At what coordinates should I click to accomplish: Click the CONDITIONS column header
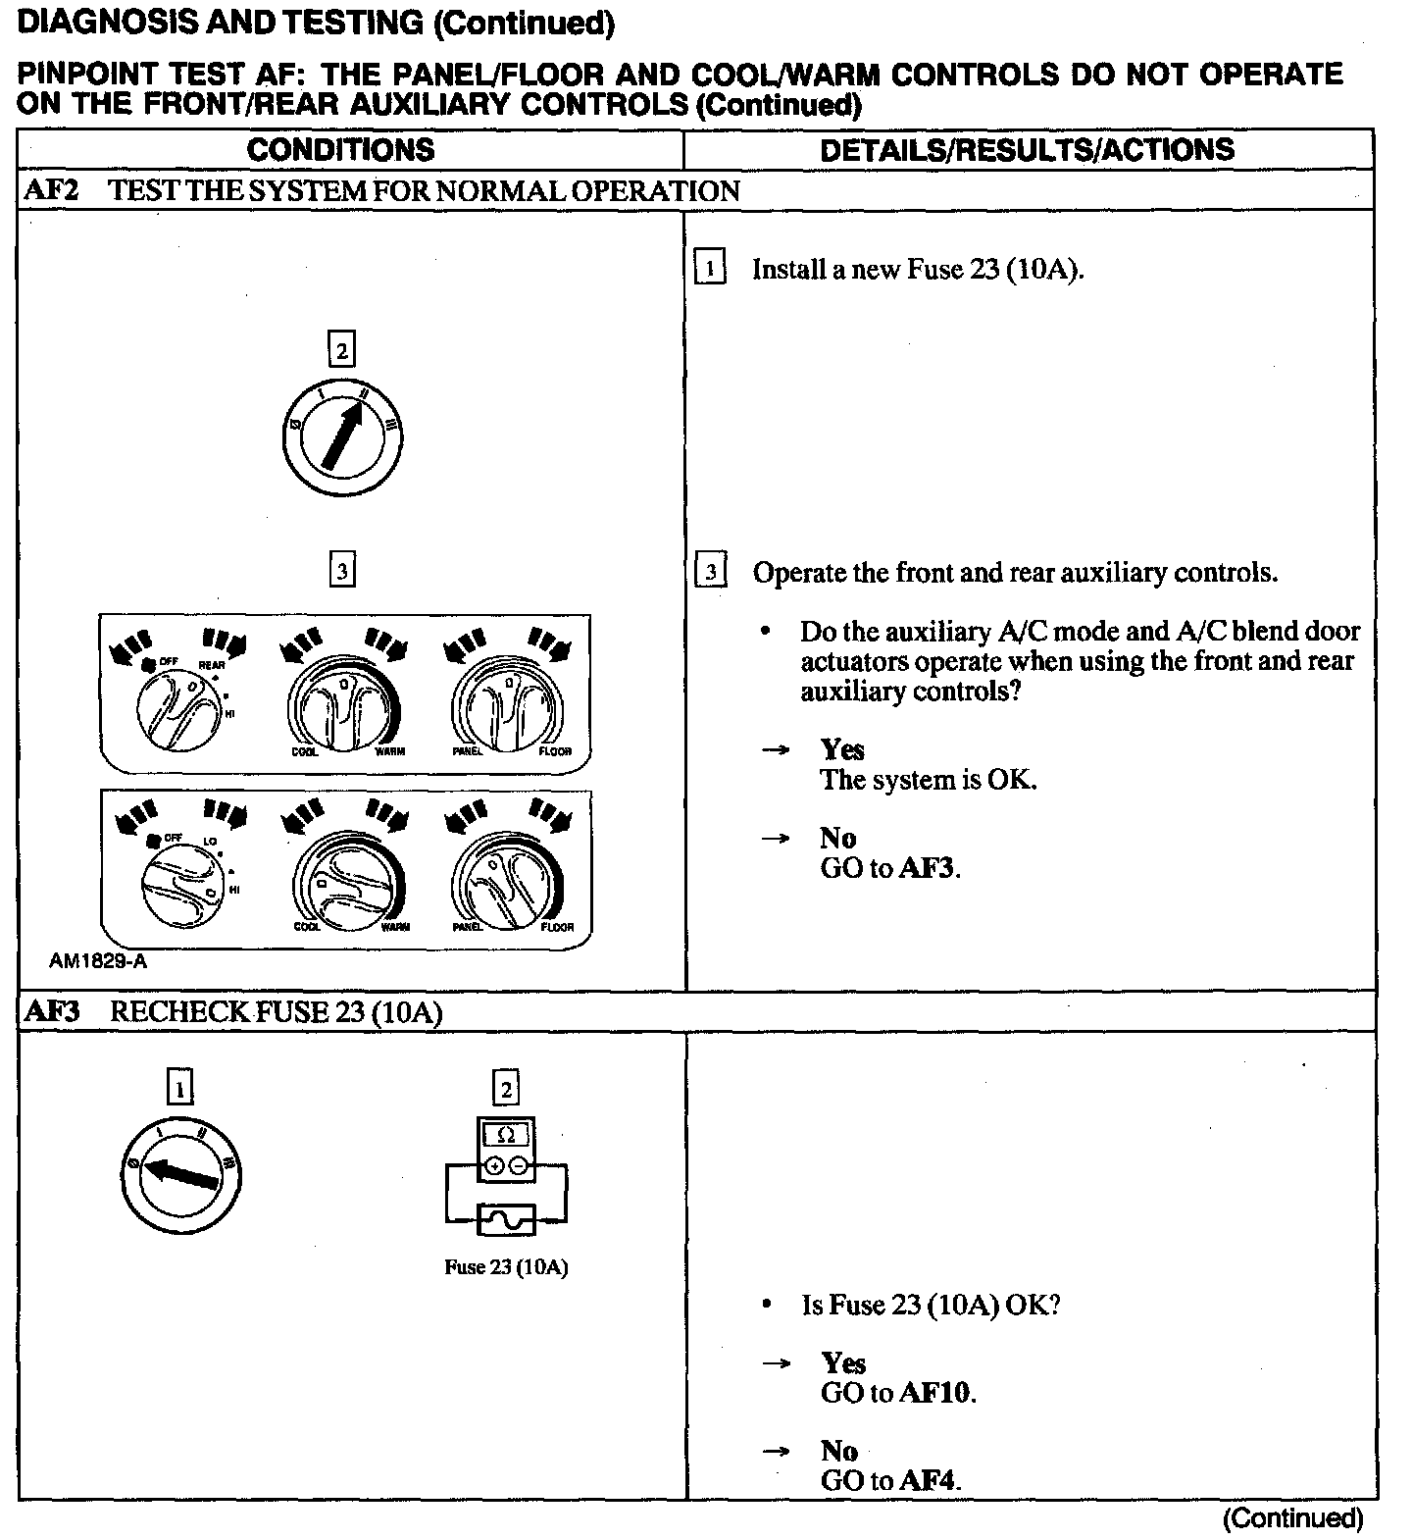point(340,150)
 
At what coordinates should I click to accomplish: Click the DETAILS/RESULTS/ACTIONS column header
point(1027,150)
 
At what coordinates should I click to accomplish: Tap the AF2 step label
point(50,190)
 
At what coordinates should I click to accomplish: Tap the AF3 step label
point(50,1011)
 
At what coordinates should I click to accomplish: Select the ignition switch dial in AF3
point(180,1173)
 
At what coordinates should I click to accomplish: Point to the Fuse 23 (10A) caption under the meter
point(505,1266)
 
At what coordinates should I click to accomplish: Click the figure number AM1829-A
point(98,961)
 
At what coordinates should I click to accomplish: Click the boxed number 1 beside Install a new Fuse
point(710,268)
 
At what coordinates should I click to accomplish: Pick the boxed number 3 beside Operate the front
point(710,571)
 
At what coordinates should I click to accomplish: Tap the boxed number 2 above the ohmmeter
point(505,1088)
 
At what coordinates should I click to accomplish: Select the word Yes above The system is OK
point(842,749)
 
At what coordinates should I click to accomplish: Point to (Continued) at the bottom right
point(1292,1518)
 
